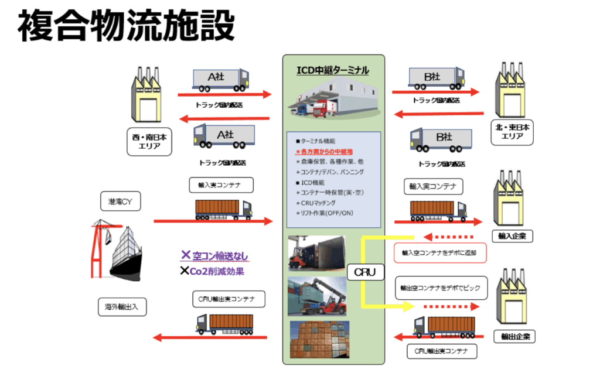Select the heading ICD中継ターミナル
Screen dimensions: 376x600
[332, 71]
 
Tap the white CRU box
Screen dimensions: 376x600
[365, 272]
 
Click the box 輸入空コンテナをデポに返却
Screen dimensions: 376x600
[440, 253]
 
